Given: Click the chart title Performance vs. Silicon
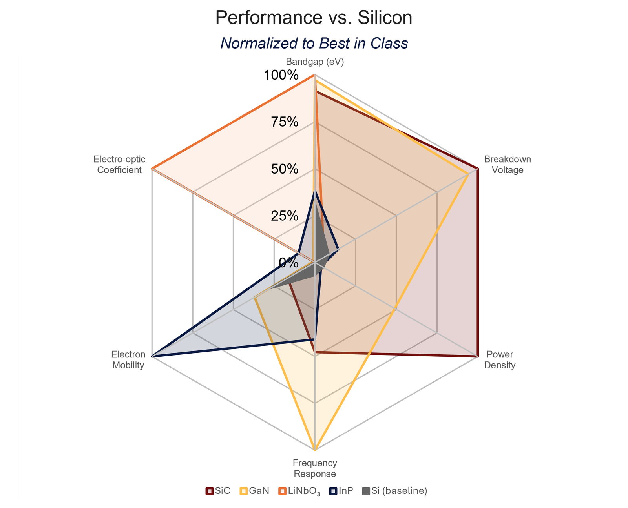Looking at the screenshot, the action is coord(314,18).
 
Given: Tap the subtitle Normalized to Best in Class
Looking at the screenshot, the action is coord(314,43).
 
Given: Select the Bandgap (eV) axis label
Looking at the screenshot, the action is coord(315,62).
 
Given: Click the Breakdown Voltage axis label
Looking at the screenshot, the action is coord(508,164).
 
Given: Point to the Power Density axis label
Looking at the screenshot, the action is coord(500,359).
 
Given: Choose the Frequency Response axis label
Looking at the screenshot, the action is coord(315,468).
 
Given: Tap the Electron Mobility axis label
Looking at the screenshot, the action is coord(128,359).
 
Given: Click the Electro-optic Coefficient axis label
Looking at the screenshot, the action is coord(119,164).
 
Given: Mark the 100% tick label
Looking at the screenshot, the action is coord(281,75).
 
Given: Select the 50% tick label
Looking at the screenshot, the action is coord(285,169).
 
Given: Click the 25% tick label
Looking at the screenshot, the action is coord(285,216).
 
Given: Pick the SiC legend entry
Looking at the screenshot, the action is coord(218,491).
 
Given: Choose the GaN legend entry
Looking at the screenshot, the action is coord(255,491).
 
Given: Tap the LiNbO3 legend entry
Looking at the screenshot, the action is coord(299,491).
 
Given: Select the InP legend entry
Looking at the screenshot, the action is coord(341,491).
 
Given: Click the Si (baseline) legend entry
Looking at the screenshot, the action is coord(394,491).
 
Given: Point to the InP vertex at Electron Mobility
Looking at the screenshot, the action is coord(152,357).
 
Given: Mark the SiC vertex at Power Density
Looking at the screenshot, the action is coord(477,357).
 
